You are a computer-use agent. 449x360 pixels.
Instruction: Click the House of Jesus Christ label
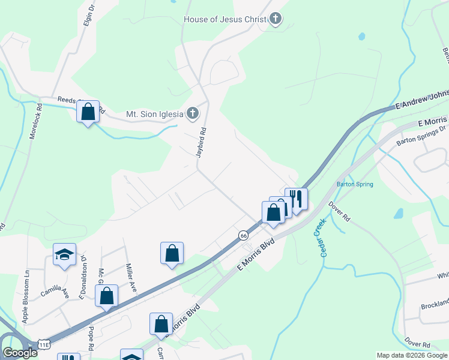tap(224, 19)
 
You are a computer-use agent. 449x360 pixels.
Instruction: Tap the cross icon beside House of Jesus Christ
tap(276, 19)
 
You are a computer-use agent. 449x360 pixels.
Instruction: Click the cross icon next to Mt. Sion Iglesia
tap(193, 113)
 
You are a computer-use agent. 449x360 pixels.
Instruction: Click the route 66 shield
tap(243, 236)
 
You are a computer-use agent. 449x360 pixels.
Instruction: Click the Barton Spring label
tap(355, 184)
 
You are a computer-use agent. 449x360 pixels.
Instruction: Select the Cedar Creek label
tap(324, 238)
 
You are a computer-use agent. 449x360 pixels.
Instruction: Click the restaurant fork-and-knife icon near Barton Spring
tap(296, 199)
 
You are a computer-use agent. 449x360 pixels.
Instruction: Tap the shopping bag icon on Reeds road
tap(88, 112)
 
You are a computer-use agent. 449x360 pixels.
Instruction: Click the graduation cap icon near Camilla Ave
tap(64, 254)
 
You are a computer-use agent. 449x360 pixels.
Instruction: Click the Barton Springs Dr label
tap(422, 136)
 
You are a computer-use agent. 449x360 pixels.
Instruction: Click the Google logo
tap(20, 353)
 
